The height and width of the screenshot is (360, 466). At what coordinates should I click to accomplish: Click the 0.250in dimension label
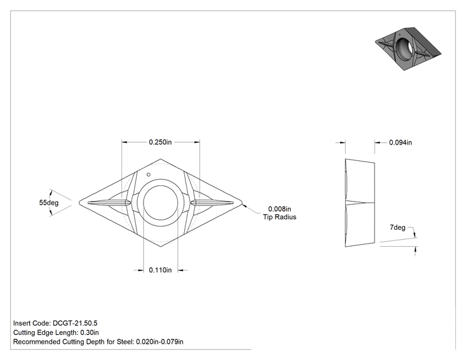coord(160,142)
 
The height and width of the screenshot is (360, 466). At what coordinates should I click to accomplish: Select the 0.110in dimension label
coord(160,270)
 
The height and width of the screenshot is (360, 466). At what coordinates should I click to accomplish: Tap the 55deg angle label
coord(49,203)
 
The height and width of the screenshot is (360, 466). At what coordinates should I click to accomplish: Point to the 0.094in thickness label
coord(400,143)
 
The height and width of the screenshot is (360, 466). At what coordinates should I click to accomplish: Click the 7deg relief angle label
coord(397,227)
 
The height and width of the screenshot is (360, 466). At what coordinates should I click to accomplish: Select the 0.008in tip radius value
coord(279,209)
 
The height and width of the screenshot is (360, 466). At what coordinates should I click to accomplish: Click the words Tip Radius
coord(279,217)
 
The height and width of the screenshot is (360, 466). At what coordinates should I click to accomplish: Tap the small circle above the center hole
coord(148,175)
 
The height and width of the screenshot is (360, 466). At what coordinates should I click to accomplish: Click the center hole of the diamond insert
coord(160,203)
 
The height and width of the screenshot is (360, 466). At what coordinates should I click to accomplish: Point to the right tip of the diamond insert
coord(242,203)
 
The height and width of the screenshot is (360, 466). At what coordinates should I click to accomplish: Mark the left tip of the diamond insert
coord(79,203)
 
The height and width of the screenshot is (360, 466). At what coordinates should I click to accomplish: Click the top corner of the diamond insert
coord(160,159)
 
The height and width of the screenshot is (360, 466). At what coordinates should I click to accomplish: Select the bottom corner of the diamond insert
coord(160,247)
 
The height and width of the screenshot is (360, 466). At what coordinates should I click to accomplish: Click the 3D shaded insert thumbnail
coord(408,49)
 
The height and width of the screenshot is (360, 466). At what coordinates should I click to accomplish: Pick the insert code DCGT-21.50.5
coord(75,323)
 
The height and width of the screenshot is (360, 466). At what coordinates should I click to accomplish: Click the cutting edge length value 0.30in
coord(90,332)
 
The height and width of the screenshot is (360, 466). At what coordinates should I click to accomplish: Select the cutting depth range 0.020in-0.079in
coord(160,342)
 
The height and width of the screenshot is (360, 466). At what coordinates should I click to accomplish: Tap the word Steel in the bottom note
coord(125,342)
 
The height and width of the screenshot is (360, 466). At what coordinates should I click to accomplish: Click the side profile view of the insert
coord(360,203)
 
